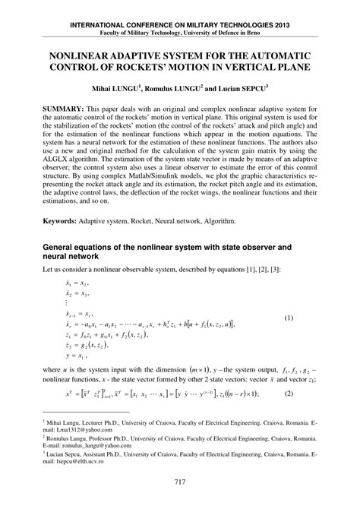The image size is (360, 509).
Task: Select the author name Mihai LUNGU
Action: pyautogui.click(x=117, y=87)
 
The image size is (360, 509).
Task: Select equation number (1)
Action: pyautogui.click(x=310, y=318)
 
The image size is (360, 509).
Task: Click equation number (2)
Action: pyautogui.click(x=310, y=393)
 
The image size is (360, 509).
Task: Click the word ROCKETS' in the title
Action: pyautogui.click(x=145, y=69)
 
